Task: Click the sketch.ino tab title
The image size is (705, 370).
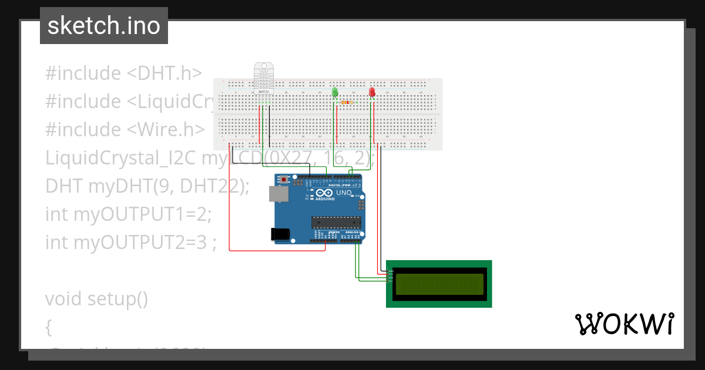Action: (103, 26)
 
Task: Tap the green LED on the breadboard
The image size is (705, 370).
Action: (335, 92)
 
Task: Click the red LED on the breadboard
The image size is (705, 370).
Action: (372, 92)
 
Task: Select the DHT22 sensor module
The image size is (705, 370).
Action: (264, 76)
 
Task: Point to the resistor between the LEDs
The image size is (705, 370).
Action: (347, 102)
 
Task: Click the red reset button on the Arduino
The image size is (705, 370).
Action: (284, 179)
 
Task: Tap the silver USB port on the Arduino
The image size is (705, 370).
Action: (278, 194)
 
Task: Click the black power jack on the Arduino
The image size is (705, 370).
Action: (281, 234)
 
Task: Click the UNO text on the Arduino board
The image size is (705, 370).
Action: (344, 193)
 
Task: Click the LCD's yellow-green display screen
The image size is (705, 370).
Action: (439, 284)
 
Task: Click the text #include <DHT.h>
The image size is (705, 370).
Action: (123, 73)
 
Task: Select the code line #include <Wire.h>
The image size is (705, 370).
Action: (125, 129)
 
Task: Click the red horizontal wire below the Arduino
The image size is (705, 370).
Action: (276, 251)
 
